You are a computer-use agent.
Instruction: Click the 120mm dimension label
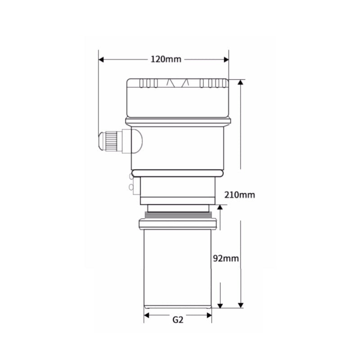click(x=166, y=59)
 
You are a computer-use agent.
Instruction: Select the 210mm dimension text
click(x=239, y=195)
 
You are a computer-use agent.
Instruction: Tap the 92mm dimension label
click(x=226, y=258)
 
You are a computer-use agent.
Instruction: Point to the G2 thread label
click(x=178, y=319)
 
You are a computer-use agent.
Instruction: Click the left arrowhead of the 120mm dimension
click(x=101, y=60)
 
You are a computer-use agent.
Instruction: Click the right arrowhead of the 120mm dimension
click(x=226, y=60)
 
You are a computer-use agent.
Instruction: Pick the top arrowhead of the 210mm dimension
click(x=240, y=82)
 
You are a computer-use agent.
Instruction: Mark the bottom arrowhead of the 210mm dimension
click(x=241, y=305)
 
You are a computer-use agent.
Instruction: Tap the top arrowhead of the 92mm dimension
click(x=220, y=207)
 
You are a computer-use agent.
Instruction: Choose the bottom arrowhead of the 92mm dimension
click(x=220, y=306)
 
